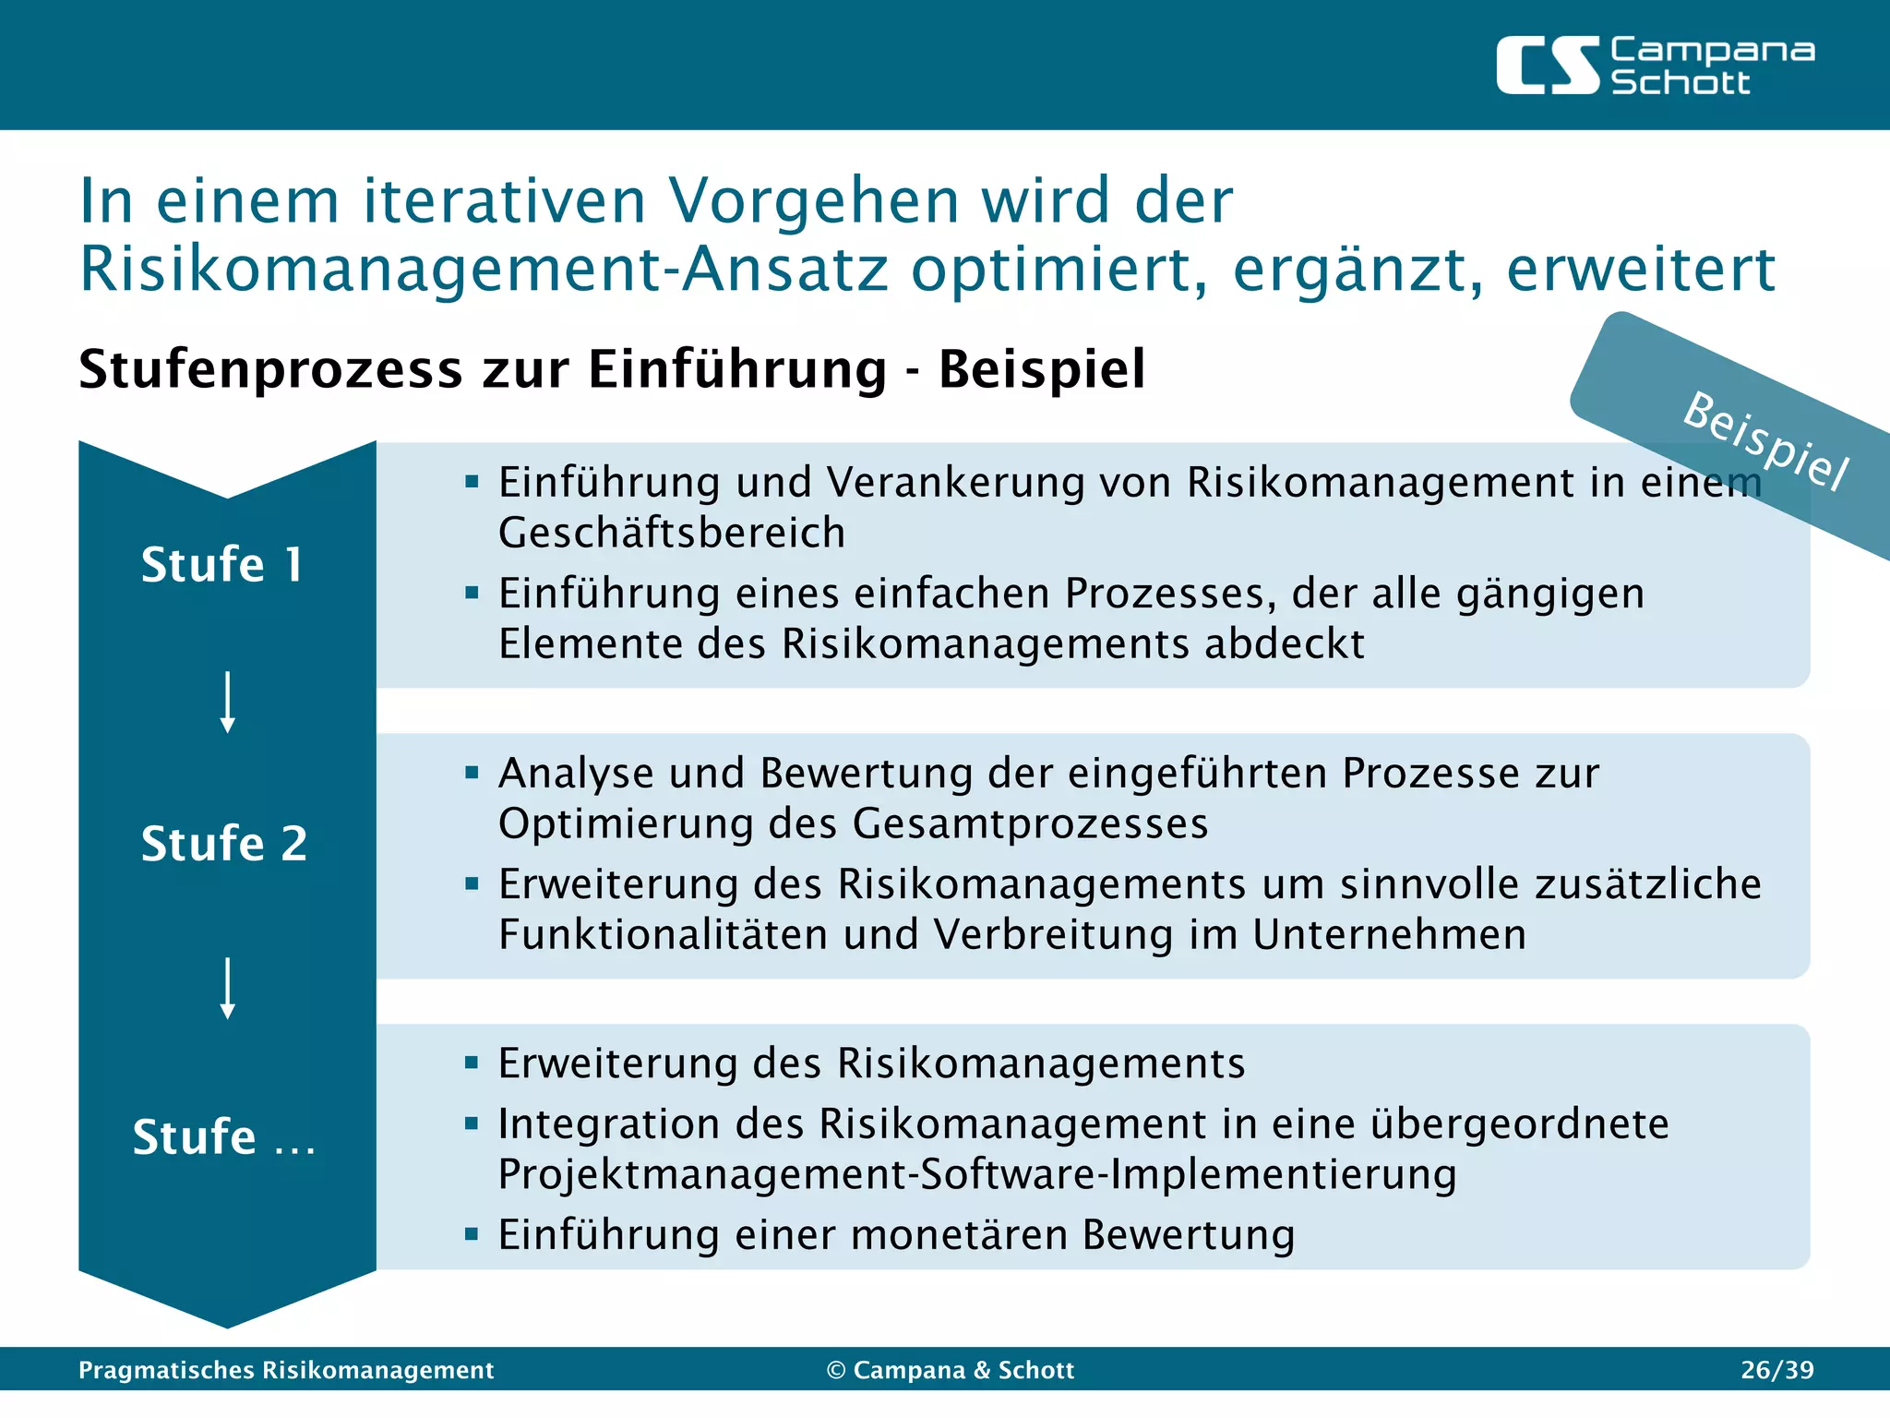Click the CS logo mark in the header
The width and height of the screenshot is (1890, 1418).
[1547, 66]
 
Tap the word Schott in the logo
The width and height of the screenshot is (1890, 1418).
[1680, 83]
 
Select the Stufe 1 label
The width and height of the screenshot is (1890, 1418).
[221, 565]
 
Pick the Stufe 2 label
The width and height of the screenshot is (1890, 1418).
[224, 844]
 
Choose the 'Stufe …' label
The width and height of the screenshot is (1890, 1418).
[224, 1137]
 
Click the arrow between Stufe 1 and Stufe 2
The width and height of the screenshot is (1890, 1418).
[227, 702]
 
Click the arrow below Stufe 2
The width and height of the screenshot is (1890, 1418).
[227, 988]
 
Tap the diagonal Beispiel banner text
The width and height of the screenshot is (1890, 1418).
[1764, 441]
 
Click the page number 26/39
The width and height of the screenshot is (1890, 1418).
[1776, 1370]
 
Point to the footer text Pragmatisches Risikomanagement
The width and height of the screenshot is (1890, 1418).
[286, 1370]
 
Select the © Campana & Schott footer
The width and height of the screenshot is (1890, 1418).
[951, 1370]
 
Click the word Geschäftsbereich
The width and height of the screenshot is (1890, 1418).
[671, 534]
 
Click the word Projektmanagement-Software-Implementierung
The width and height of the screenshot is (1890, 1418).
[976, 1175]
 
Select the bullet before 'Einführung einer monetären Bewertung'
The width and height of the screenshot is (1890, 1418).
[472, 1234]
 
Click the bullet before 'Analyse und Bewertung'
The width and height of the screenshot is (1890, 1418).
[472, 773]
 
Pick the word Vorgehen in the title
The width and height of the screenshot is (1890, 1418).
[812, 200]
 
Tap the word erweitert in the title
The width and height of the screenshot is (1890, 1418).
[1640, 270]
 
